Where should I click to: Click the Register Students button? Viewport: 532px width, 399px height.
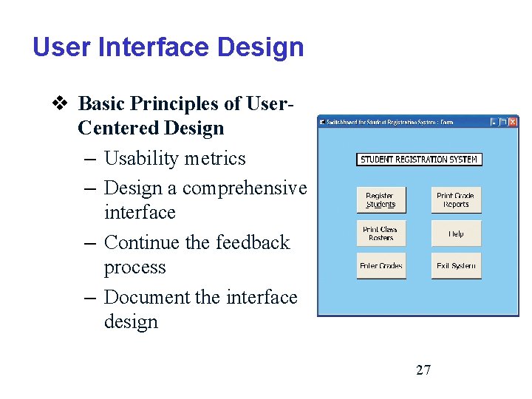tap(381, 200)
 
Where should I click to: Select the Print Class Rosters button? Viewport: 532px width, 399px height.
tap(381, 233)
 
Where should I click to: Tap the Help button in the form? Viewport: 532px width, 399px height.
tap(456, 233)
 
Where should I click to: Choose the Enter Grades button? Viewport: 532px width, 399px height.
tap(381, 266)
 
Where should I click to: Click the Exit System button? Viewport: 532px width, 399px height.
tap(456, 266)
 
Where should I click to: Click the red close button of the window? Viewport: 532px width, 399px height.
tap(513, 122)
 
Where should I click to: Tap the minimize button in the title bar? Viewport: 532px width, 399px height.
tap(494, 122)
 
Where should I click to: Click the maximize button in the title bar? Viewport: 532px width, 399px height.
tap(503, 122)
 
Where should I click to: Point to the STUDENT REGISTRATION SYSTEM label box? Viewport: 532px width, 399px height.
tap(418, 159)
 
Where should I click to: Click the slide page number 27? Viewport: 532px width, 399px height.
tap(423, 370)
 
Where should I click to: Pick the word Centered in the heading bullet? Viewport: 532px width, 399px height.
tap(112, 128)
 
